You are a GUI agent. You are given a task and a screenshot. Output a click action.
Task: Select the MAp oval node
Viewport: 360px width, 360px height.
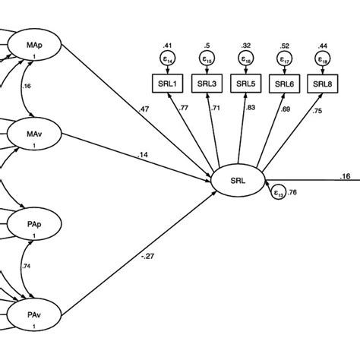point(33,48)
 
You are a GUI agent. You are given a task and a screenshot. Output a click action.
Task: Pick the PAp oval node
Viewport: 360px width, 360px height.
point(33,226)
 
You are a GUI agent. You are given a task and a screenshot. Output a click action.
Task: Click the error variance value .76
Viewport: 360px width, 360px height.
point(292,192)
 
